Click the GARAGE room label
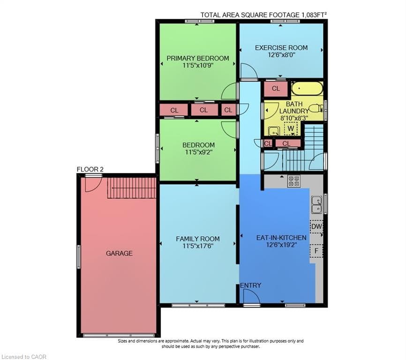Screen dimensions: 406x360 (119, 253)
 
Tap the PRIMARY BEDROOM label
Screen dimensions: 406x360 (197, 58)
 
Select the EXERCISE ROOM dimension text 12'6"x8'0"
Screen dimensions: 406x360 (281, 55)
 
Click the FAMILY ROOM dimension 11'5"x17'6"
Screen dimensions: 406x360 (198, 246)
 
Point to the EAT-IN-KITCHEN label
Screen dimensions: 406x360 (281, 238)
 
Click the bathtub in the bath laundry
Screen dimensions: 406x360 (307, 89)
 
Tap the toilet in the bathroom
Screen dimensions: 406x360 (316, 108)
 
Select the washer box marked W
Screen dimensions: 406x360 (291, 128)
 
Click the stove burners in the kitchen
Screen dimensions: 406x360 (294, 181)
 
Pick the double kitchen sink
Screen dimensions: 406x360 (316, 205)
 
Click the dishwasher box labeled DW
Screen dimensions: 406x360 (316, 227)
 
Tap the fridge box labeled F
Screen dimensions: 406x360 (316, 251)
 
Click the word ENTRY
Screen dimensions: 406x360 (250, 285)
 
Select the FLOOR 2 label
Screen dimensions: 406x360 (90, 169)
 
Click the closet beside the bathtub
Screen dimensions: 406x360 (276, 89)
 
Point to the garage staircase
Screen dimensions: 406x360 (132, 188)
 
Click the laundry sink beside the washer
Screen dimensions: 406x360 (274, 131)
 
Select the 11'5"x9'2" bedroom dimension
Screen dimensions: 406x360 (199, 152)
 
